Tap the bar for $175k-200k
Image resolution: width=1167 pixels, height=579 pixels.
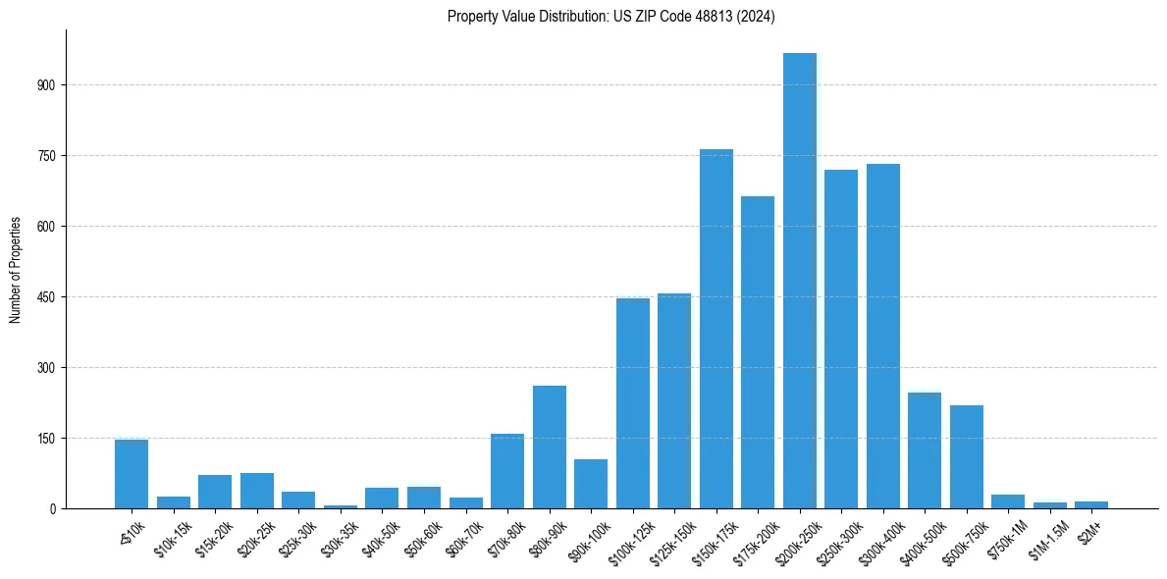click(x=758, y=352)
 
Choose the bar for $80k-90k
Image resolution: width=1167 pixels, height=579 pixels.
click(x=549, y=447)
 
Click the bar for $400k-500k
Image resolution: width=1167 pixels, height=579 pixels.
click(x=925, y=450)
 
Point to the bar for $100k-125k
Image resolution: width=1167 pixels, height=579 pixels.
click(x=632, y=403)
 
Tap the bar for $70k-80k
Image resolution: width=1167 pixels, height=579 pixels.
click(x=507, y=471)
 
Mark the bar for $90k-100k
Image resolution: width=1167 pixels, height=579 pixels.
click(x=591, y=484)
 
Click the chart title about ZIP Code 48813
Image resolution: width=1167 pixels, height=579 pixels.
click(x=611, y=17)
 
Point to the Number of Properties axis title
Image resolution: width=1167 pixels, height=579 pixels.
click(x=16, y=270)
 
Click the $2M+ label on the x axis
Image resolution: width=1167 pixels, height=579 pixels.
click(x=1090, y=530)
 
